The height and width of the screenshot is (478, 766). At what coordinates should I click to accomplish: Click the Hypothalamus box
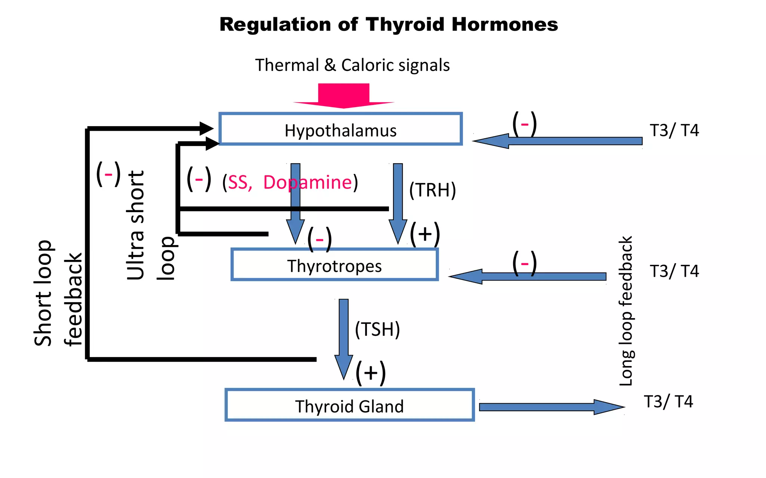[x=340, y=129]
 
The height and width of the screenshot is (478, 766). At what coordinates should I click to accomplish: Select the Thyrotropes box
[x=334, y=265]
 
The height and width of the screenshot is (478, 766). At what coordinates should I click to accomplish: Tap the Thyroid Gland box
[x=349, y=405]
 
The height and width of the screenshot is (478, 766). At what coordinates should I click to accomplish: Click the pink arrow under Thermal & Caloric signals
[x=344, y=96]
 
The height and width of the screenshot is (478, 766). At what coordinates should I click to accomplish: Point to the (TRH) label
[x=432, y=190]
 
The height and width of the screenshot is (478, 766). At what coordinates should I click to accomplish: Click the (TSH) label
[x=377, y=329]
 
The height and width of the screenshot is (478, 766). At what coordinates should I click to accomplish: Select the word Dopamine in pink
[x=307, y=182]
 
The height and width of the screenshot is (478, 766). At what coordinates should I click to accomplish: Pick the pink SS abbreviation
[x=238, y=183]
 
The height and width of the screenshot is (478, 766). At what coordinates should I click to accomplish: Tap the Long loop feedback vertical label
[x=626, y=311]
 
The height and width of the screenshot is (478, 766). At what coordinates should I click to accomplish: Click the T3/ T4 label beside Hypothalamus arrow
[x=674, y=130]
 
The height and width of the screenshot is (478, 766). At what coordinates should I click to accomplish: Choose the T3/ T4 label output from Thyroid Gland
[x=668, y=401]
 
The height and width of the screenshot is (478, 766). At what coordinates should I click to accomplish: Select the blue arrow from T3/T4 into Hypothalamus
[x=557, y=141]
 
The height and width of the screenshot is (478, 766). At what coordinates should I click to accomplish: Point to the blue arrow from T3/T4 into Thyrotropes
[x=527, y=276]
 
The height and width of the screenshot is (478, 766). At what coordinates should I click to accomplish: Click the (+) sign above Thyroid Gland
[x=370, y=373]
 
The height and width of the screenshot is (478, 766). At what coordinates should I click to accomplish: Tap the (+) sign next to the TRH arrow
[x=425, y=234]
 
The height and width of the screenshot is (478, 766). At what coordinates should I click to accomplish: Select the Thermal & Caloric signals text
[x=352, y=65]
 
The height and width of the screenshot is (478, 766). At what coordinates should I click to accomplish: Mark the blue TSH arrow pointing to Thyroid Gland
[x=344, y=336]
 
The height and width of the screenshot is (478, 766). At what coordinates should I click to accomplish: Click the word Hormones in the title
[x=505, y=25]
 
